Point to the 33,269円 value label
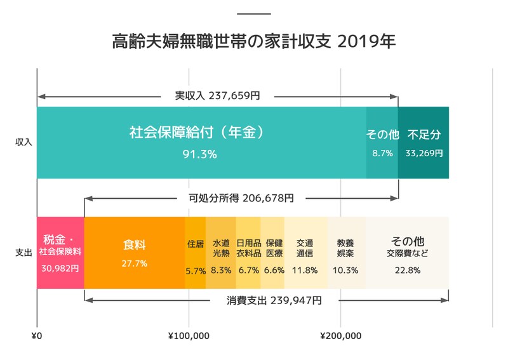(424, 153)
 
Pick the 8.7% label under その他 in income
(382, 153)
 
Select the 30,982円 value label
(60, 269)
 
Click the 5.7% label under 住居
(196, 270)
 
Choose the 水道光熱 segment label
(221, 248)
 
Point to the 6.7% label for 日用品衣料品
(248, 270)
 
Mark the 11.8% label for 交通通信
(305, 270)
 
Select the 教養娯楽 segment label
(345, 248)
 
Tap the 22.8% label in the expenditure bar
(407, 270)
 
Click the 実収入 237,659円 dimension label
(217, 96)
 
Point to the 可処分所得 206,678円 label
(241, 198)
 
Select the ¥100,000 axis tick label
(189, 336)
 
